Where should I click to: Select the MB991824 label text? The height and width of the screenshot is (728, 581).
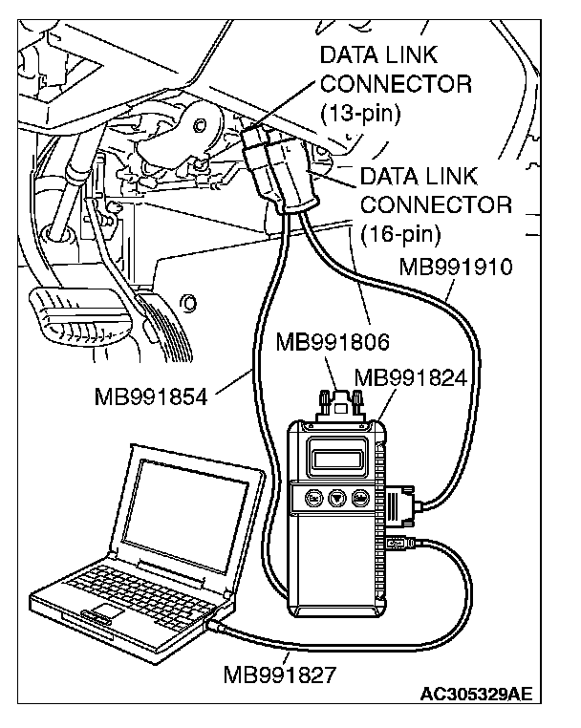pyautogui.click(x=410, y=377)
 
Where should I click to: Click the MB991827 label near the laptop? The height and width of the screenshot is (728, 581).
pyautogui.click(x=279, y=676)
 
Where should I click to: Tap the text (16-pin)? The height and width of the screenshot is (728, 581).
pyautogui.click(x=400, y=231)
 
